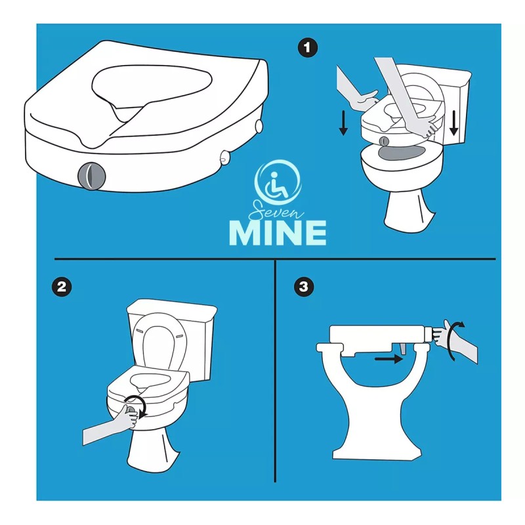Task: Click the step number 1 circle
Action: click(x=308, y=48)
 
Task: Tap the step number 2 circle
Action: click(x=62, y=287)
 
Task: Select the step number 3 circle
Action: click(x=304, y=287)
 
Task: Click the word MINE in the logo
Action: click(x=278, y=233)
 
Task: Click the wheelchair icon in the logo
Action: click(x=277, y=184)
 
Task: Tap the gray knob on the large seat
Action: click(x=91, y=175)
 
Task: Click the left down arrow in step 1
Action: click(x=343, y=123)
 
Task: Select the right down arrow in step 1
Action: click(x=453, y=123)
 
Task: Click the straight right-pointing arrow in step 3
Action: click(x=388, y=359)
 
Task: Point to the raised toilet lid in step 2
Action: click(x=158, y=341)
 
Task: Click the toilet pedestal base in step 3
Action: click(x=377, y=412)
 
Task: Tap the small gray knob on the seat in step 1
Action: click(x=385, y=141)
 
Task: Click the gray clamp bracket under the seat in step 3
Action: click(x=404, y=349)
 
